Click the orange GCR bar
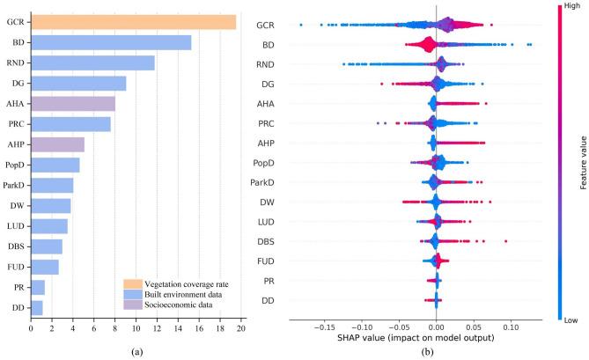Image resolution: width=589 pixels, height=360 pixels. pyautogui.click(x=132, y=22)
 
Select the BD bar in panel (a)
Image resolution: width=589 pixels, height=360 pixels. pyautogui.click(x=110, y=42)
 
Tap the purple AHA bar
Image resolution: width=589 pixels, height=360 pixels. pyautogui.click(x=72, y=104)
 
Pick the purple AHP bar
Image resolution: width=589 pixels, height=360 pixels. pyautogui.click(x=57, y=144)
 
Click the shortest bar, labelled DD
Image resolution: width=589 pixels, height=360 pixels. pyautogui.click(x=36, y=307)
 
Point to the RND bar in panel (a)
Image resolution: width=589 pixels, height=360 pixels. pyautogui.click(x=92, y=62)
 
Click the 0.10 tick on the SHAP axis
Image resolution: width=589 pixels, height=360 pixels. pyautogui.click(x=512, y=327)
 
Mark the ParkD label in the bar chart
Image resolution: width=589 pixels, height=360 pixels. pyautogui.click(x=13, y=185)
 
